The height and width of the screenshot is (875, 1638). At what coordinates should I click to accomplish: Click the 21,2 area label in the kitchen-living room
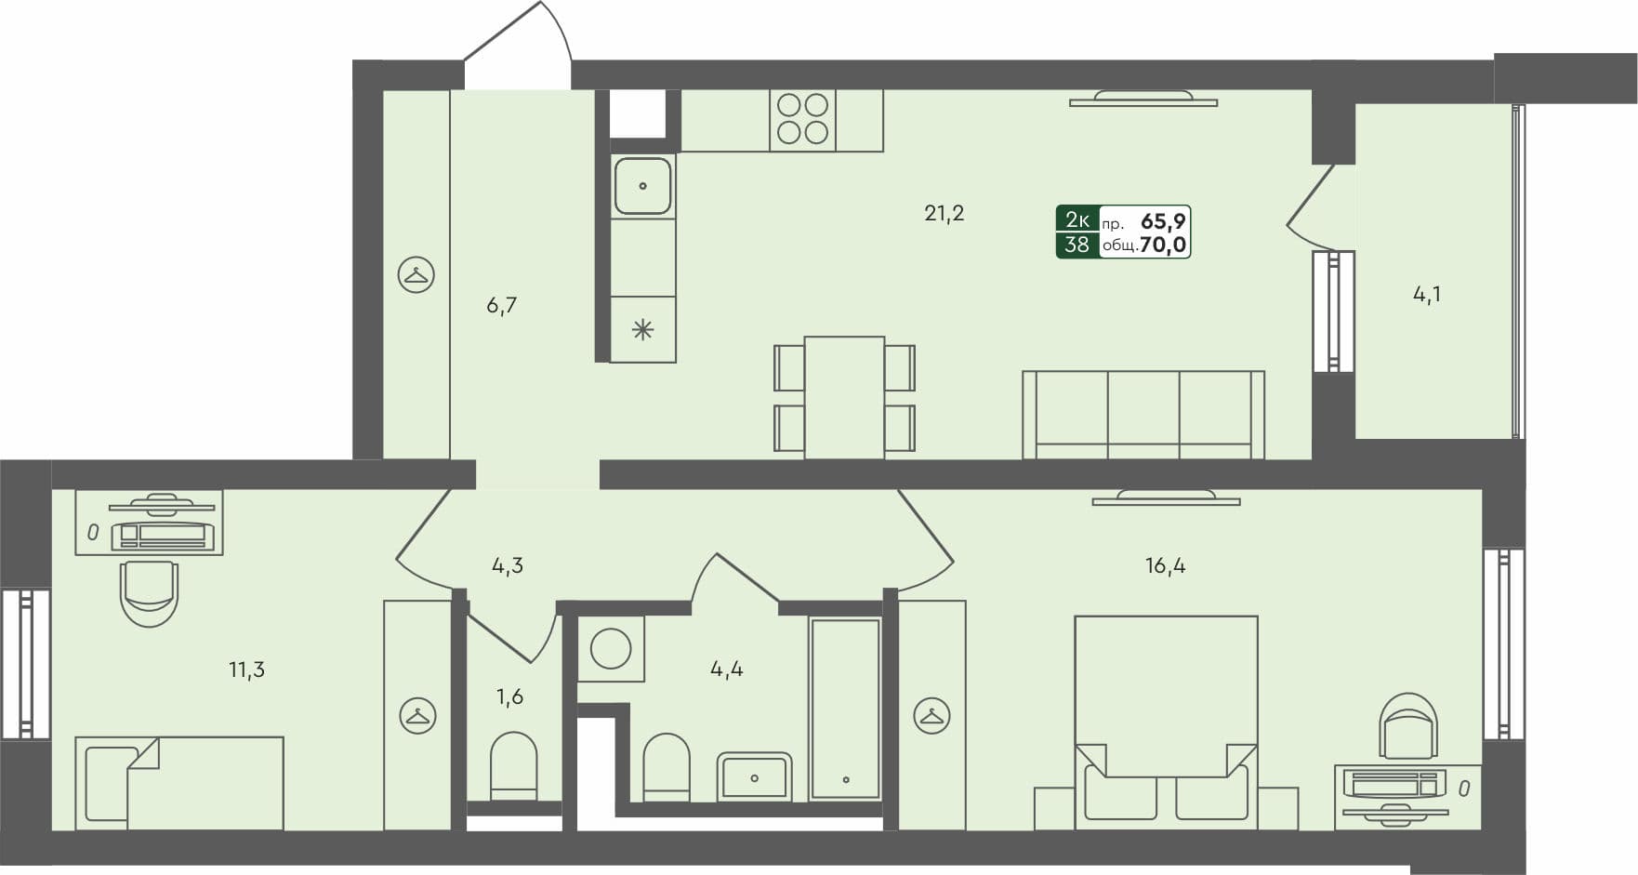coord(944,213)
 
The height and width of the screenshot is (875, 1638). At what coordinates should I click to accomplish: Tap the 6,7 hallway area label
coord(501,305)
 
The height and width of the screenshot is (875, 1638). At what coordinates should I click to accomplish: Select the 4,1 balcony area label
coord(1427,295)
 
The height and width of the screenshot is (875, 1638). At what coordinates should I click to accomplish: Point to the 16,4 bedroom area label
coord(1165,565)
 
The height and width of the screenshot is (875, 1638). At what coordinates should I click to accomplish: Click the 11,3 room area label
coord(246,670)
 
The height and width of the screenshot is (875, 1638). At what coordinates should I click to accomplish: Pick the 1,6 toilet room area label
coord(509,696)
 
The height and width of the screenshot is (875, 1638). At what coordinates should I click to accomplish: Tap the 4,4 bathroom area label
coord(726,669)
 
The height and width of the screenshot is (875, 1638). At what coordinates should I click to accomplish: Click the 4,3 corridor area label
coord(508,565)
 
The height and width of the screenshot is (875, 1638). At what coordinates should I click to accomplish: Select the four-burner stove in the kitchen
coord(802,119)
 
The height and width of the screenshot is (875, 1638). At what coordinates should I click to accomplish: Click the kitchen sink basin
coord(642,186)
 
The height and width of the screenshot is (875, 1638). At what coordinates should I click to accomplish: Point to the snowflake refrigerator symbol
coord(642,329)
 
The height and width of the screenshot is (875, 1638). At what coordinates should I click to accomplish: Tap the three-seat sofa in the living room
coord(1143,415)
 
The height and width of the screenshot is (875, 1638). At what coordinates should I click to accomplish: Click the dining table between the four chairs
coord(844,397)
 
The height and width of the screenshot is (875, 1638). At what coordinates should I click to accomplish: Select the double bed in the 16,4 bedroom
coord(1166,721)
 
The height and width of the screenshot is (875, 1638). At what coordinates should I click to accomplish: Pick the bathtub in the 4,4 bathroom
coord(845,709)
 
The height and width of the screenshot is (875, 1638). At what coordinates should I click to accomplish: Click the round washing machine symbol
coord(611,648)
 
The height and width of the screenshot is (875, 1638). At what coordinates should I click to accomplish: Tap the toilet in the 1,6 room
coord(513,765)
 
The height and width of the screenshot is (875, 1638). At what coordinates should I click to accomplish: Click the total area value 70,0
coord(1163,245)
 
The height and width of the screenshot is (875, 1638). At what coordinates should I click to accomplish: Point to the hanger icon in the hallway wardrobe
coord(416,274)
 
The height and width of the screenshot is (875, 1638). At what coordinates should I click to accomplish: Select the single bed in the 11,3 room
coord(179,782)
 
